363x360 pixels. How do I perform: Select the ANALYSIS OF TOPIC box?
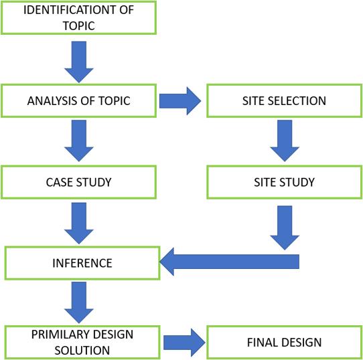[x=79, y=101]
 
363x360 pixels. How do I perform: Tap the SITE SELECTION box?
[x=284, y=101]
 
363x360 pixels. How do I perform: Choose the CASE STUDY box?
[x=79, y=182]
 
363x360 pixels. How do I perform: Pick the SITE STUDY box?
[x=284, y=182]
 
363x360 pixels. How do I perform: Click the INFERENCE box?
[x=82, y=263]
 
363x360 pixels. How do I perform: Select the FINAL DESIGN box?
[x=284, y=343]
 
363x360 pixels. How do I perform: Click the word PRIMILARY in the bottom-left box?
[x=59, y=335]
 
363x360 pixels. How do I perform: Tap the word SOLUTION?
[x=82, y=351]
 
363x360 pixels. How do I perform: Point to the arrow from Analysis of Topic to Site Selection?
[x=180, y=101]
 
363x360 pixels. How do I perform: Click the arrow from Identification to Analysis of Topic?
[x=79, y=62]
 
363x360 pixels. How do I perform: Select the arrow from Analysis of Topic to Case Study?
[x=79, y=141]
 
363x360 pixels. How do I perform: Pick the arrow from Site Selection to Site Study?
[x=285, y=141]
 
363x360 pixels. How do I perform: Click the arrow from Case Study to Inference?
[x=79, y=223]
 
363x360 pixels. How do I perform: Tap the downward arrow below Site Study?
[x=285, y=228]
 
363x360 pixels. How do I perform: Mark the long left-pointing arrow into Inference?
[x=230, y=262]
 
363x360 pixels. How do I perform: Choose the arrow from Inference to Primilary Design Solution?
[x=79, y=302]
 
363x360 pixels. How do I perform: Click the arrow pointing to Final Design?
[x=184, y=343]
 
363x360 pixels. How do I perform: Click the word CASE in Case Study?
[x=60, y=182]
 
